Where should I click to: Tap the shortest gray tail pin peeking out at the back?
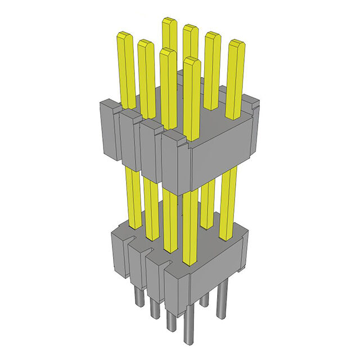[205, 299]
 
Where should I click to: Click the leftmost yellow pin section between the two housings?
[133, 197]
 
